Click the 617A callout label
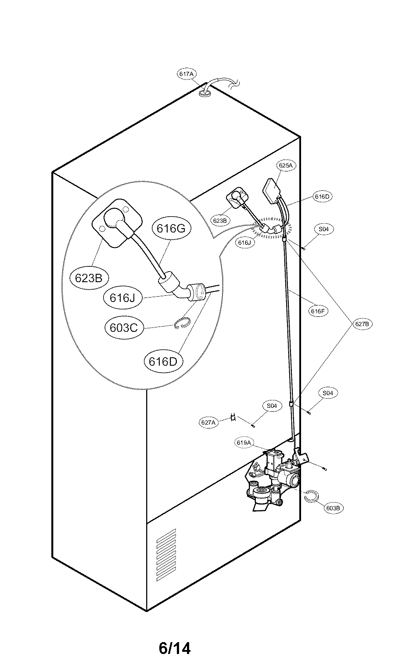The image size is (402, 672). (x=186, y=74)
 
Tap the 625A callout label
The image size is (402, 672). (x=286, y=165)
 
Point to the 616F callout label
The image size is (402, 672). (x=317, y=311)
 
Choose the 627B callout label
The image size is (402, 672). (x=364, y=323)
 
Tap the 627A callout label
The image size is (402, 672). (x=209, y=422)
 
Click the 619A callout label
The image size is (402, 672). (x=244, y=443)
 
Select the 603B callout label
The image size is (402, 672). (x=334, y=508)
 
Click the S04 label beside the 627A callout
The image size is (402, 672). (x=272, y=406)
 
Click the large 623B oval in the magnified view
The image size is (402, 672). (x=89, y=278)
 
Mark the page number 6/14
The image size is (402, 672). (x=175, y=648)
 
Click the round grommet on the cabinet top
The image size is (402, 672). (x=205, y=93)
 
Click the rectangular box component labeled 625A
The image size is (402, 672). (x=273, y=189)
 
